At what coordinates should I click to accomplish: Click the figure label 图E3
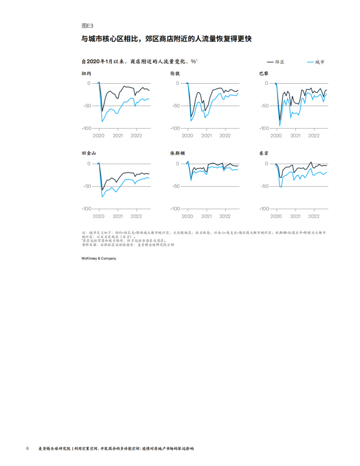(x=87, y=25)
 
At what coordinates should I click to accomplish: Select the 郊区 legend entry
(x=279, y=62)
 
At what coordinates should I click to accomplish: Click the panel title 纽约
(x=87, y=74)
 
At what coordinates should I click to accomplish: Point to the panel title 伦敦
(x=175, y=74)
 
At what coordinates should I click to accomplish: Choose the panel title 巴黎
(x=264, y=74)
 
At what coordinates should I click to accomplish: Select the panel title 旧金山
(x=89, y=153)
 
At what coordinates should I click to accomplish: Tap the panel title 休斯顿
(x=177, y=153)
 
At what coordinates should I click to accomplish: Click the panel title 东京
(x=264, y=153)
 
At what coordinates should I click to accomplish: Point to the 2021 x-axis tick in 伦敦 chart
(x=206, y=136)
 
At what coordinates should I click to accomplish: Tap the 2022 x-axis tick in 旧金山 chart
(x=136, y=216)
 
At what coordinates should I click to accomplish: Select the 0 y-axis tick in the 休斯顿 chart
(x=177, y=164)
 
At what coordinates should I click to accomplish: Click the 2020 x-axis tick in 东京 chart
(x=276, y=216)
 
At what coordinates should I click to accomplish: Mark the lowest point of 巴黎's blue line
(x=279, y=126)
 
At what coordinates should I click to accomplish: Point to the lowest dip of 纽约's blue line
(x=102, y=122)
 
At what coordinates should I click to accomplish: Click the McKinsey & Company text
(x=99, y=259)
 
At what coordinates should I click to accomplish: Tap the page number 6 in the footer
(x=27, y=448)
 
